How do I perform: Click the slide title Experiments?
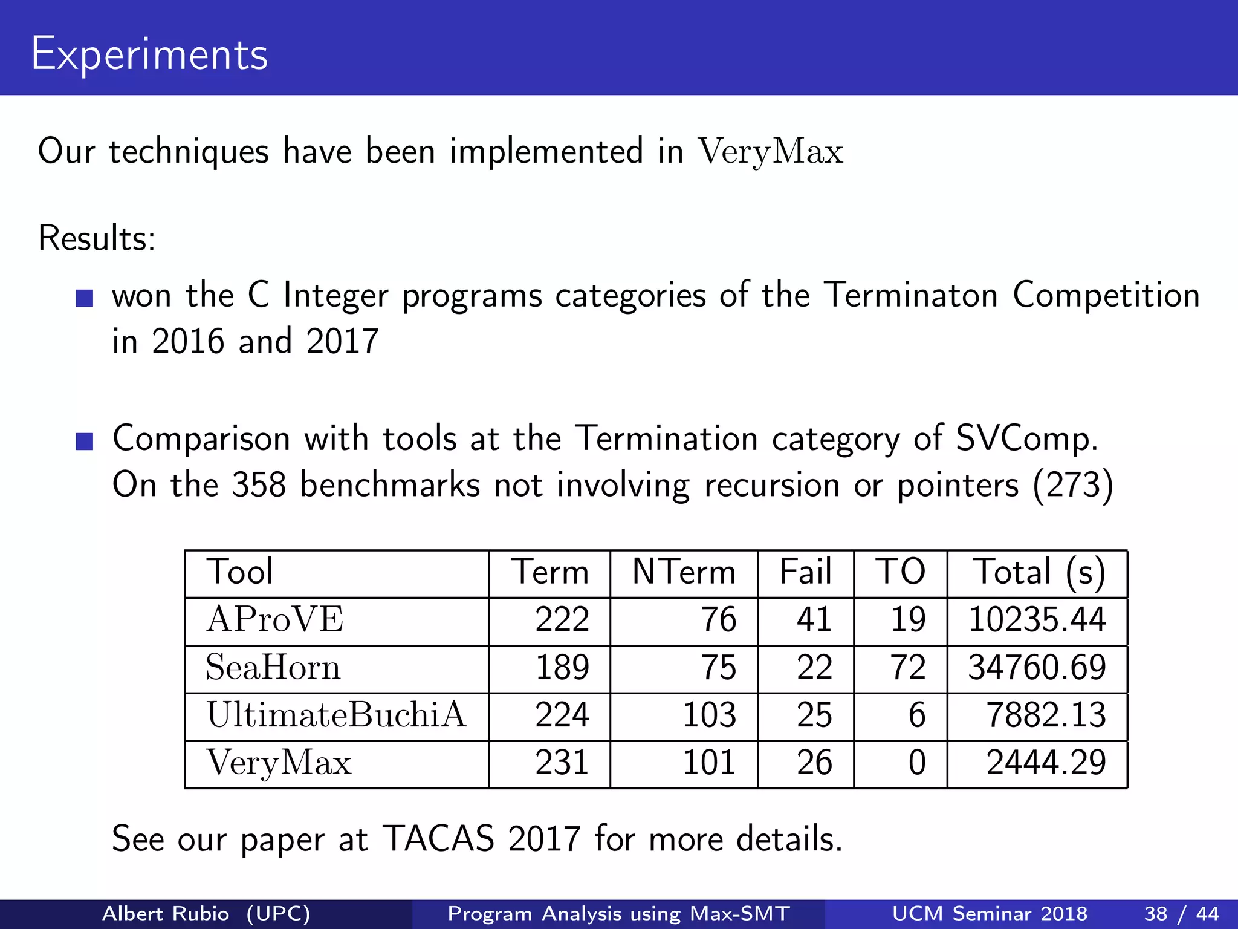(x=149, y=54)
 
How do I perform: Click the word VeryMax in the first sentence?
(x=771, y=151)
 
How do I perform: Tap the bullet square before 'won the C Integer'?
(x=85, y=298)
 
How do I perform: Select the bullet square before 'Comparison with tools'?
(x=85, y=442)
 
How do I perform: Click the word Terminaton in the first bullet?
(x=911, y=296)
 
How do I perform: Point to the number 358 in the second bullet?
(x=259, y=485)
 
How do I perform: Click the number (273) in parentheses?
(x=1073, y=485)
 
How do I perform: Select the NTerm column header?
(x=684, y=572)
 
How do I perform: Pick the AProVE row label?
(x=275, y=620)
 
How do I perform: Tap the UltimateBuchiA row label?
(x=336, y=715)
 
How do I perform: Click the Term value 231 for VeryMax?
(x=562, y=763)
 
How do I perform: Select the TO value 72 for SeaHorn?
(x=907, y=668)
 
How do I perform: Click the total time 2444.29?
(x=1046, y=763)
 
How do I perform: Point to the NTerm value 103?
(x=709, y=715)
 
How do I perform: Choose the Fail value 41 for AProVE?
(x=814, y=620)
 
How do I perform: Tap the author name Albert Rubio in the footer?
(x=166, y=913)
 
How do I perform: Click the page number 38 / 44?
(x=1181, y=913)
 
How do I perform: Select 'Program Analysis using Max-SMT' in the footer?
(x=618, y=913)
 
